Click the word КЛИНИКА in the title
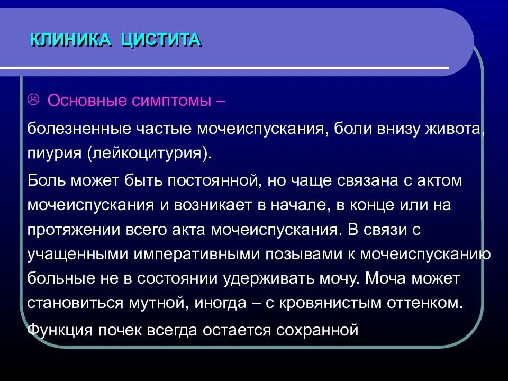pos(71,40)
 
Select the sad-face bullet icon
pos(33,99)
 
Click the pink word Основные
pos(85,101)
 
